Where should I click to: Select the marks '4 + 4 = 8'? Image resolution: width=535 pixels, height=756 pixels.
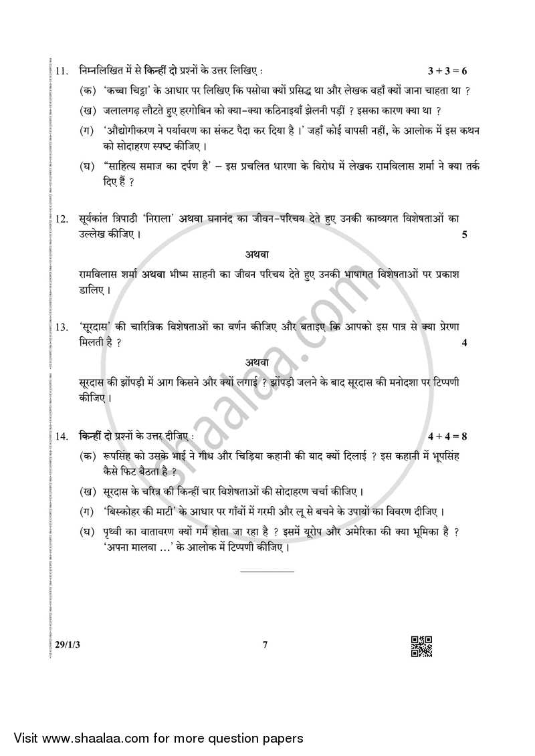pos(447,436)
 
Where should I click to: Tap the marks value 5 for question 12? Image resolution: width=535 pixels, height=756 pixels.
pos(464,235)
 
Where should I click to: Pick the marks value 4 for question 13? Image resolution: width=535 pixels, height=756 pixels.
pos(464,343)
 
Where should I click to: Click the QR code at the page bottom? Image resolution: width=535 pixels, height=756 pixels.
pos(421,646)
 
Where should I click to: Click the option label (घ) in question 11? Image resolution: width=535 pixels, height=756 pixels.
pos(87,166)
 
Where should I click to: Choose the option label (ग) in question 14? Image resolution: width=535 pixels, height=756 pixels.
pos(87,512)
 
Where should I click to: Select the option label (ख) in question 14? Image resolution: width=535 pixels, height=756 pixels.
pos(87,493)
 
